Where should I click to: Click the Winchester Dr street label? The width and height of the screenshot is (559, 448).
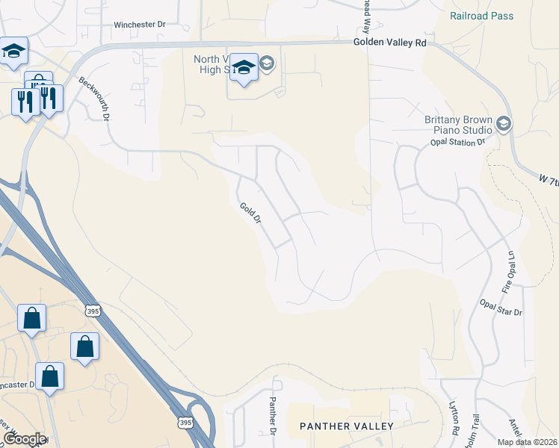pyautogui.click(x=139, y=25)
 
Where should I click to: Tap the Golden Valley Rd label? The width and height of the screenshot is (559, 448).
pyautogui.click(x=389, y=43)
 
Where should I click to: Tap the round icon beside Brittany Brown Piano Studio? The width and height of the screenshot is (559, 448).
pyautogui.click(x=504, y=123)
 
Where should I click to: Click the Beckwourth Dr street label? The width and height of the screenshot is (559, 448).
pyautogui.click(x=94, y=99)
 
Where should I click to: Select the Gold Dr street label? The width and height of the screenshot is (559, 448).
pyautogui.click(x=250, y=214)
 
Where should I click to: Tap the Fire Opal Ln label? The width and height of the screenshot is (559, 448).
pyautogui.click(x=509, y=270)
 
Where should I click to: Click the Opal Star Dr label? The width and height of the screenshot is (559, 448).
pyautogui.click(x=501, y=306)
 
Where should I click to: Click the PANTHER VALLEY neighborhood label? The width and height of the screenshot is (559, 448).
pyautogui.click(x=346, y=426)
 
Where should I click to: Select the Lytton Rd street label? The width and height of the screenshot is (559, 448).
pyautogui.click(x=454, y=422)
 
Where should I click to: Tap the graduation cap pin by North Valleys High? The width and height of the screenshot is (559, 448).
pyautogui.click(x=244, y=68)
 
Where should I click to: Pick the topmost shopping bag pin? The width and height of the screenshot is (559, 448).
pyautogui.click(x=32, y=318)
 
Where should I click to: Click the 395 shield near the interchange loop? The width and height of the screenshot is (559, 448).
pyautogui.click(x=184, y=423)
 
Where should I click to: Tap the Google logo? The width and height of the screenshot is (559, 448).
pyautogui.click(x=24, y=439)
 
